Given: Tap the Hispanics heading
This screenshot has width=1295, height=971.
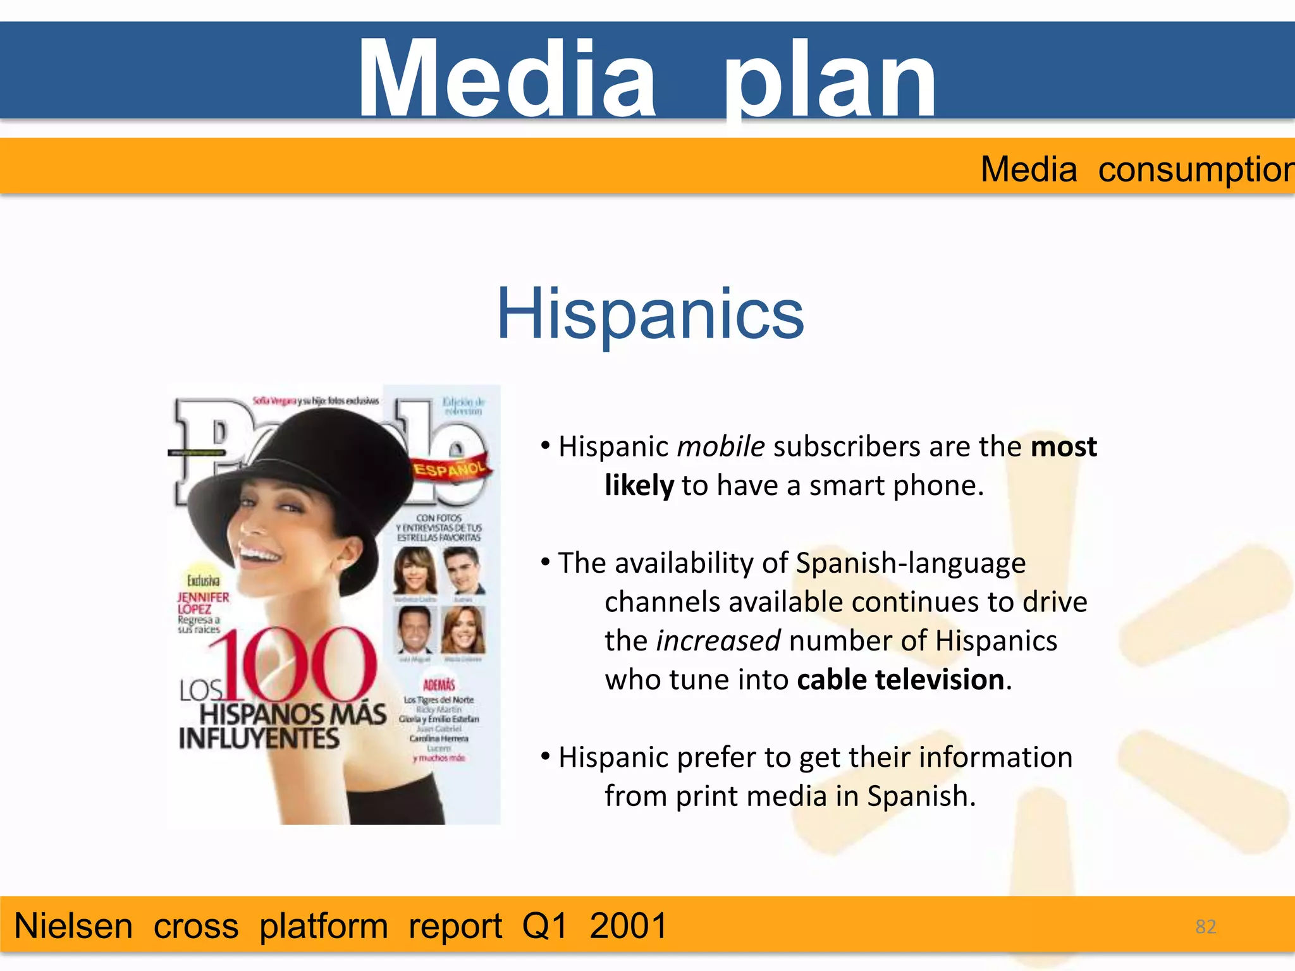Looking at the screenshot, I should click(650, 314).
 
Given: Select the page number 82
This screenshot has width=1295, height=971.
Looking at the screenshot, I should click(1205, 927).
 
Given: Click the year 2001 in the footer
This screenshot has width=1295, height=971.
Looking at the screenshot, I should click(628, 926).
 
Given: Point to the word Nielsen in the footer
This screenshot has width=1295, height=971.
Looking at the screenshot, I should click(73, 926).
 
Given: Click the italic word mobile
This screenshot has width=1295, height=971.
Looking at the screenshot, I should click(721, 447).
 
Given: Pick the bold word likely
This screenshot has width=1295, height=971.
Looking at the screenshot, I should click(639, 486).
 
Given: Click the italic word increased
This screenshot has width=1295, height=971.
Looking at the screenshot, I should click(718, 641).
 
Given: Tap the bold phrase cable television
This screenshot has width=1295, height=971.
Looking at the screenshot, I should click(900, 680).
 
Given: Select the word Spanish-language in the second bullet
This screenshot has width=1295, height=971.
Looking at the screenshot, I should click(911, 563).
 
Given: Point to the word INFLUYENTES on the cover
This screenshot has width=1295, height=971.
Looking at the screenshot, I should click(259, 738).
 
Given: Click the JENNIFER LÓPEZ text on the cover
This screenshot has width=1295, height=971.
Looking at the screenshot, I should click(202, 602).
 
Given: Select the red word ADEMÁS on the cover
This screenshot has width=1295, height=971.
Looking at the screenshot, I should click(439, 685).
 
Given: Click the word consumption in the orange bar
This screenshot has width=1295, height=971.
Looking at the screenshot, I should click(1195, 169).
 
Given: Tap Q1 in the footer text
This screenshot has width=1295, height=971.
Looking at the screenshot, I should click(545, 926).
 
